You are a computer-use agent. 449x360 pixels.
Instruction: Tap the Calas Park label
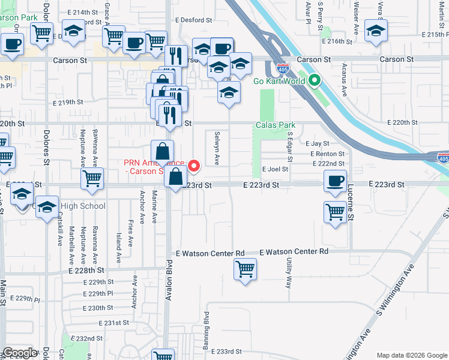275,125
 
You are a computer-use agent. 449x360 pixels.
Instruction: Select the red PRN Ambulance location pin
194,166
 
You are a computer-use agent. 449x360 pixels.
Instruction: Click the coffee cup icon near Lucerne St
335,180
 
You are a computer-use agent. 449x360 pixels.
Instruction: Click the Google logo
20,353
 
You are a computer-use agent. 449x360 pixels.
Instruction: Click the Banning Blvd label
206,328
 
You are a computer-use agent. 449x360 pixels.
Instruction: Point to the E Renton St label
327,154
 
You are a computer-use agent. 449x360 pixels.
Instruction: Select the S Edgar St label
289,148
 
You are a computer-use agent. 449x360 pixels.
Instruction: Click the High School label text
83,206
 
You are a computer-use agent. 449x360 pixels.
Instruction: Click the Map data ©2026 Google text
411,355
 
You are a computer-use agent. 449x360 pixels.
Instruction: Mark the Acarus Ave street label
345,82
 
